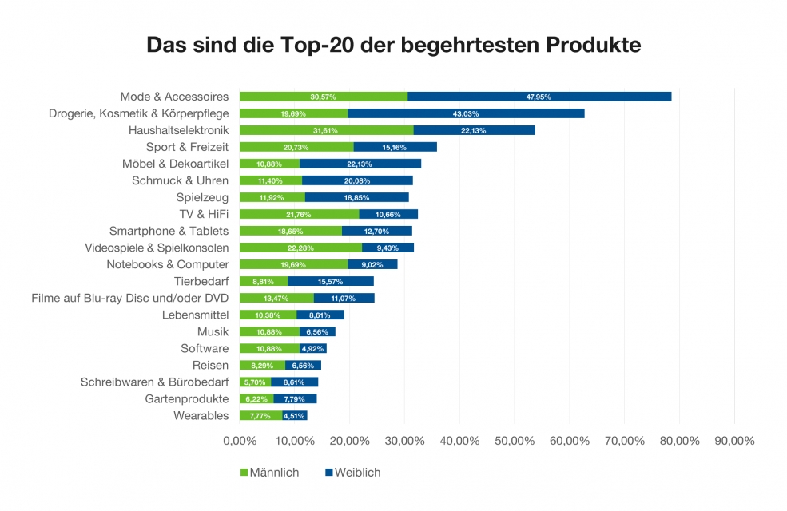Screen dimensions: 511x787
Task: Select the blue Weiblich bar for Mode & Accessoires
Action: pos(539,97)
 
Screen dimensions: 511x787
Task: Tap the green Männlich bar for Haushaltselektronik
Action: pos(326,130)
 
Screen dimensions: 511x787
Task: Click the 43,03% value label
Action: pos(466,113)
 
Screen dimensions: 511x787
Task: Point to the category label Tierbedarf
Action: pos(201,281)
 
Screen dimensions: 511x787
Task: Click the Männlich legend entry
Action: pos(269,473)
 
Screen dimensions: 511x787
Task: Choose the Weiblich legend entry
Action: pos(352,473)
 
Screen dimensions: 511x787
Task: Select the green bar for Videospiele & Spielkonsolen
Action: pos(300,248)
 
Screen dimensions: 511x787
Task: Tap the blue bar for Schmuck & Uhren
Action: pos(357,180)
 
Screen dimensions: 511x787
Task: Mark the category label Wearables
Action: pos(201,415)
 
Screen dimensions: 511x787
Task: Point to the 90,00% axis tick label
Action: pos(734,441)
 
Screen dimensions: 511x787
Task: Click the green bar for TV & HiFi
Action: pos(299,214)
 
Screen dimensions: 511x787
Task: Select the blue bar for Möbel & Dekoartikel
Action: pos(360,164)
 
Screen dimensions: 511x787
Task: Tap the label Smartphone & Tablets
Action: pos(169,231)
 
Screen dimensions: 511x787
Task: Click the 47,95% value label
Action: pos(539,97)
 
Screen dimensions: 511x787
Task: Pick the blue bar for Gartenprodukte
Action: pos(295,398)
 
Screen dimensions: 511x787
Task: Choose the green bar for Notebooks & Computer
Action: pos(293,264)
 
